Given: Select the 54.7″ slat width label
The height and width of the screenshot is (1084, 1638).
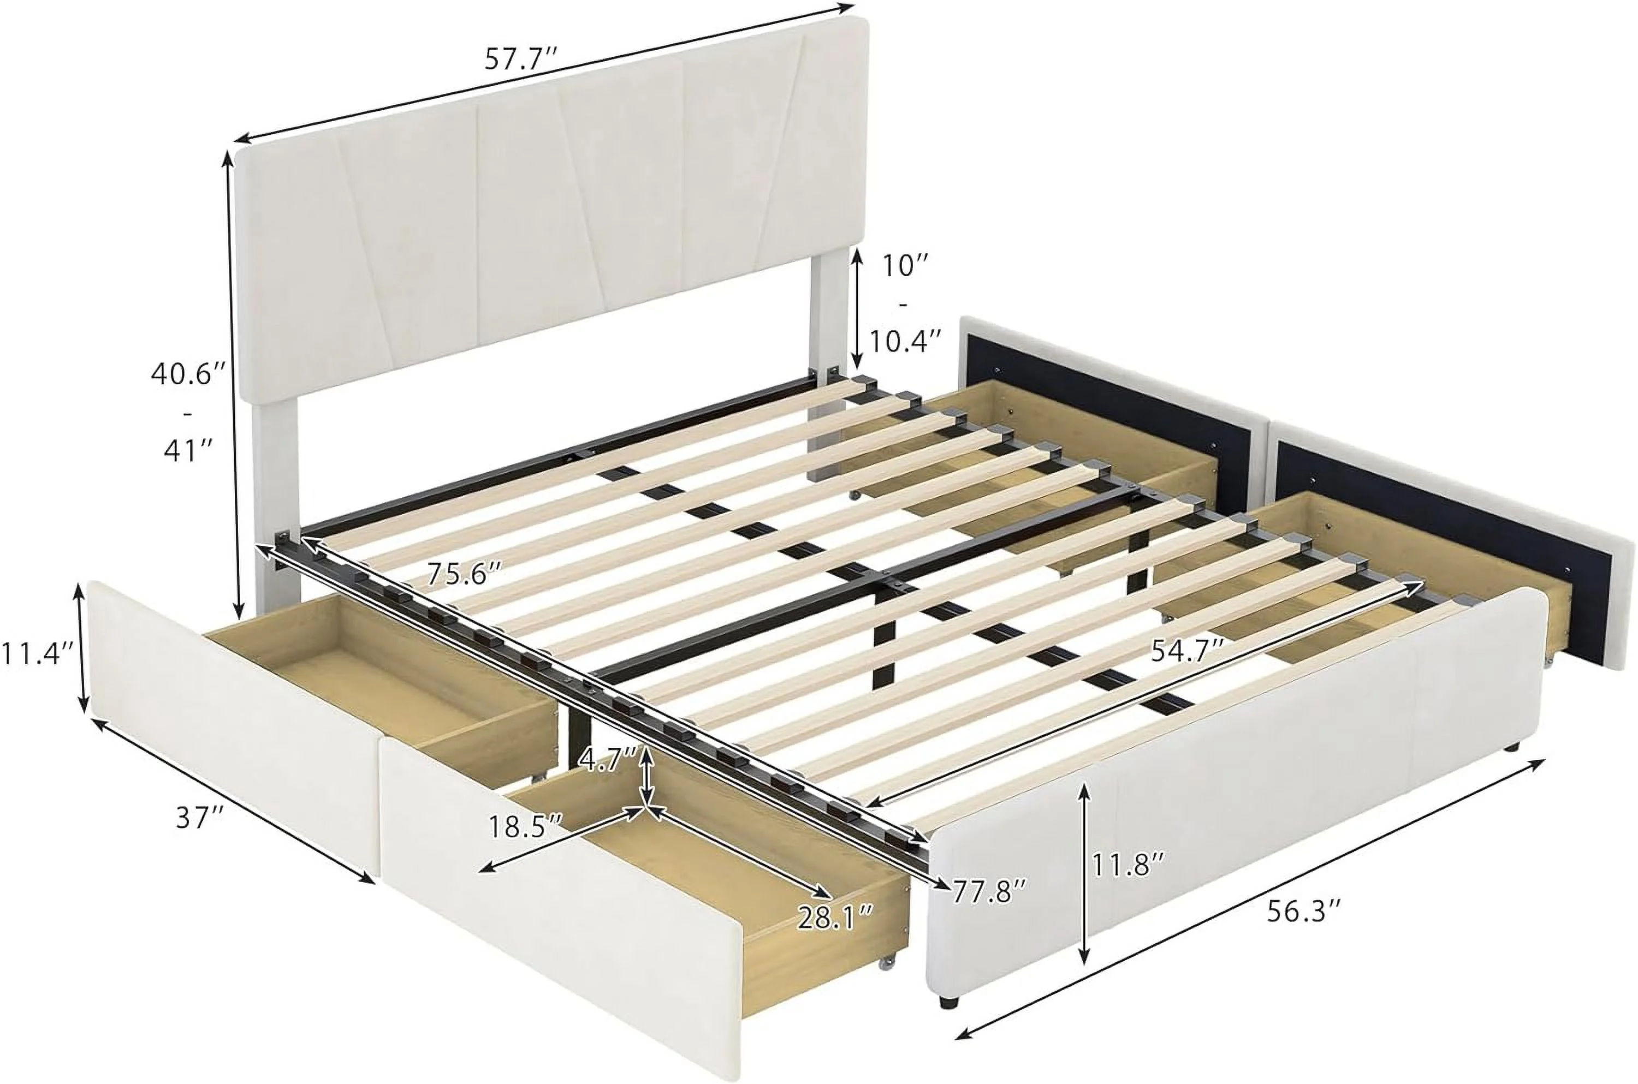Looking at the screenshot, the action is tap(1189, 650).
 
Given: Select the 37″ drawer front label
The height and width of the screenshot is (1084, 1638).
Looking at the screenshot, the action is tap(200, 819).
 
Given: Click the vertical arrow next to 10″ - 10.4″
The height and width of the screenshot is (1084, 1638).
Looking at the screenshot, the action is tap(857, 308).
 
